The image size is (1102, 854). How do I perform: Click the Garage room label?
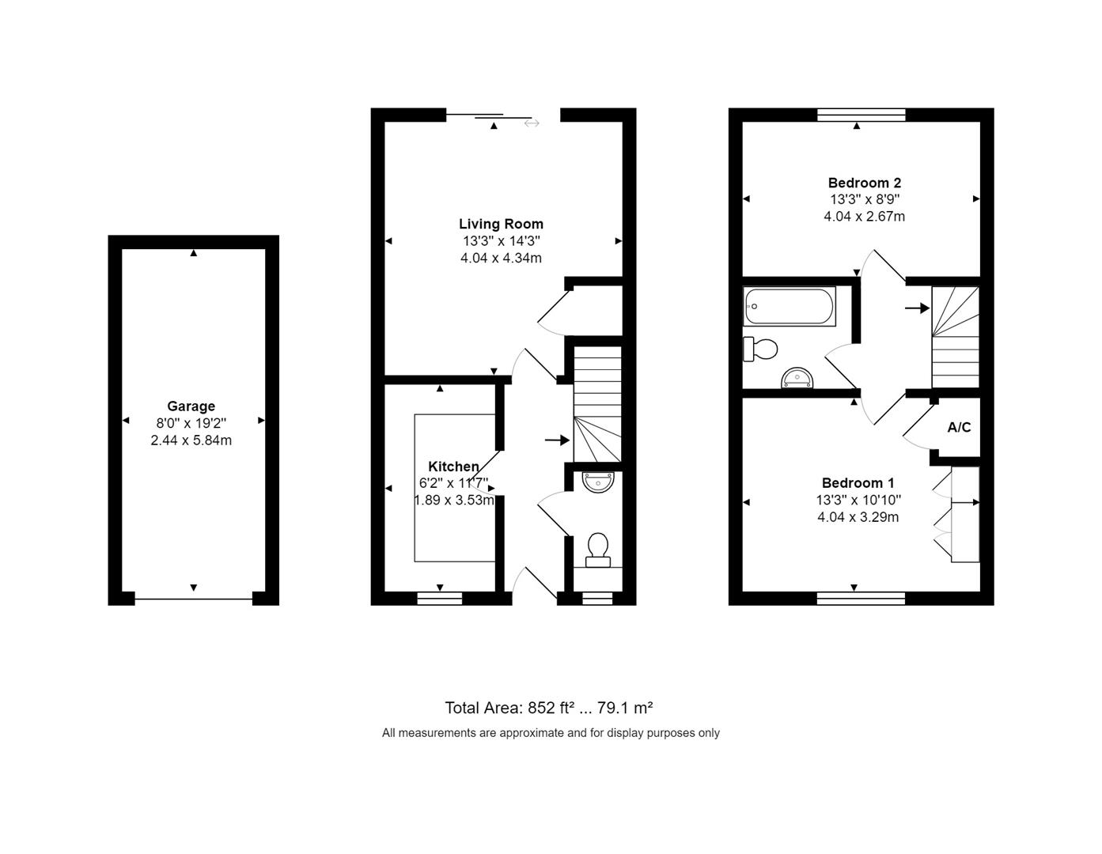point(191,406)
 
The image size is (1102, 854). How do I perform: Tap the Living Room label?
point(501,224)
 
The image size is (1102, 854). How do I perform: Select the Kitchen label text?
point(453,467)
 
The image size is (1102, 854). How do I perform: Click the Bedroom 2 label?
point(864,183)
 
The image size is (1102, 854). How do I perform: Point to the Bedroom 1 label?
point(858,483)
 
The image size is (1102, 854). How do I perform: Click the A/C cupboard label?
point(959,428)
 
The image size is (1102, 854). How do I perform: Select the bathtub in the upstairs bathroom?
point(790,306)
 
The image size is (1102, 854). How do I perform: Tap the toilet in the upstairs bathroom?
point(760,348)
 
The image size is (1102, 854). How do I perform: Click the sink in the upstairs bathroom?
point(797,379)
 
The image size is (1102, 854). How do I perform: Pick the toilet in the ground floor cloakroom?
point(597,548)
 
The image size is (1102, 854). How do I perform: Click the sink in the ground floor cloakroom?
point(597,481)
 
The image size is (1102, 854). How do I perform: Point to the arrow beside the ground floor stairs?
point(557,440)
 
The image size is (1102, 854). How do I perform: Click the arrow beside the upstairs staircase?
point(917,308)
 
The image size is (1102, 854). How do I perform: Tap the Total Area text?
point(548,708)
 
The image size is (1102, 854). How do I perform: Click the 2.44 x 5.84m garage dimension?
point(191,440)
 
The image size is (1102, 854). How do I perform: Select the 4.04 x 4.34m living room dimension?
point(501,258)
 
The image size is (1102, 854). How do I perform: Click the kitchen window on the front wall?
point(439,599)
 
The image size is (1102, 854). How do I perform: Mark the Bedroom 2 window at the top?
point(861,115)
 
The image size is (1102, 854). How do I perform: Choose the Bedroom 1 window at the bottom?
point(861,599)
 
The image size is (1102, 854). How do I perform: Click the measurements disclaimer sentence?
point(551,733)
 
